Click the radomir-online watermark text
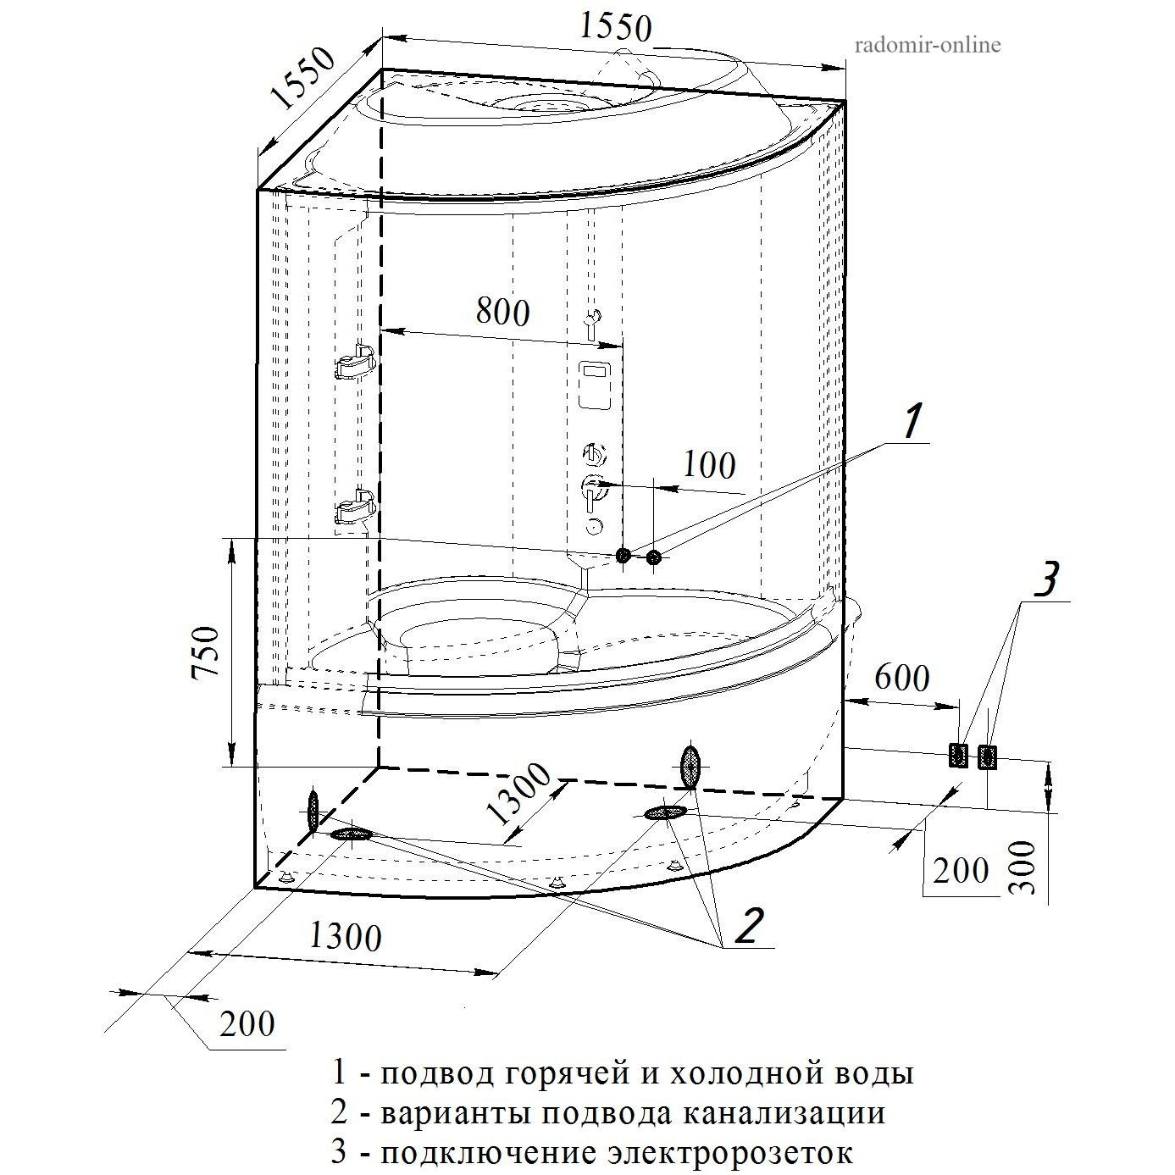[x=928, y=45]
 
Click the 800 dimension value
[x=502, y=312]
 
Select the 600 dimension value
[x=901, y=678]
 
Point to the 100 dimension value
[x=710, y=465]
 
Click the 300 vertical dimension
[x=1024, y=867]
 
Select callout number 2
[x=750, y=925]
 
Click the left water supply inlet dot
[x=624, y=556]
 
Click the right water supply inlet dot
[x=653, y=557]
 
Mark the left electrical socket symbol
[x=958, y=756]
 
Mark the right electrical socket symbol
[x=987, y=757]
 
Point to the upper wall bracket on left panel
[x=356, y=362]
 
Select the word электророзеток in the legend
[x=729, y=1153]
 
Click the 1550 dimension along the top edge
[x=616, y=27]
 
